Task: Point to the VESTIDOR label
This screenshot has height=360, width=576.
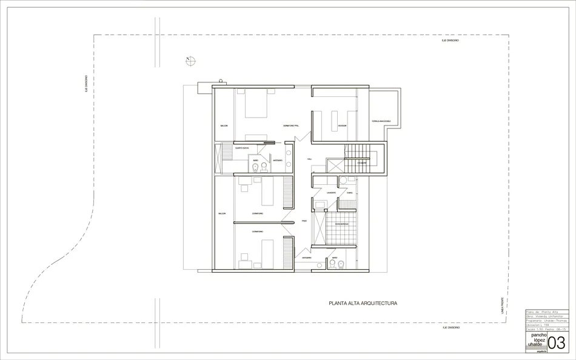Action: [x=342, y=125]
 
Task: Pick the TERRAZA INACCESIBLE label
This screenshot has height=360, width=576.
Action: [x=381, y=121]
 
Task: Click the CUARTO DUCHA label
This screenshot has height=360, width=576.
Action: [x=243, y=147]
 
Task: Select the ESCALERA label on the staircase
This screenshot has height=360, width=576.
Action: [x=361, y=162]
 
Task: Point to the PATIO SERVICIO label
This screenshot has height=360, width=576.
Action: [x=341, y=224]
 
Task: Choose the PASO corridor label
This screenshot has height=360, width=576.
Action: [x=304, y=221]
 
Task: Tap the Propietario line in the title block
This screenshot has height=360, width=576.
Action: [x=544, y=321]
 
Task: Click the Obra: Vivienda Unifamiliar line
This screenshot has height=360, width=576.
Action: [x=544, y=316]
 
